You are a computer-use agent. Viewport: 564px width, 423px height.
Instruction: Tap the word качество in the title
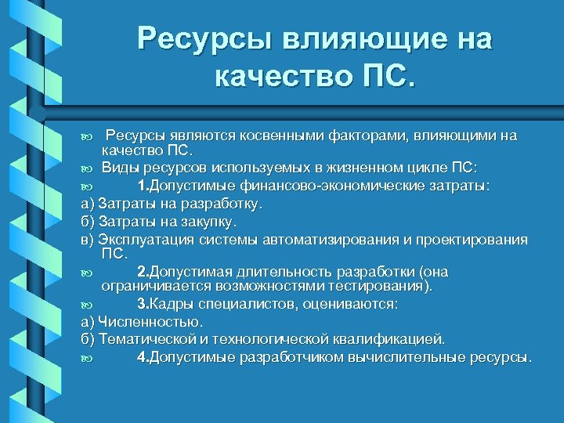coord(281,78)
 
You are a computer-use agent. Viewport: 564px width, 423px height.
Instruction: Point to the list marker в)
coord(88,239)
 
